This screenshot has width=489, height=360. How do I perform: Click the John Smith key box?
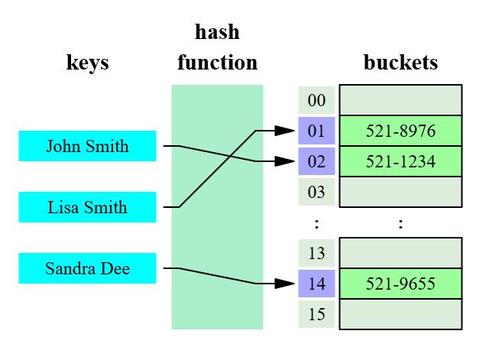[x=87, y=146]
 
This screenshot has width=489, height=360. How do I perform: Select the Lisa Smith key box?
[x=87, y=207]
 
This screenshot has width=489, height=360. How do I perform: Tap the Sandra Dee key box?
[x=87, y=268]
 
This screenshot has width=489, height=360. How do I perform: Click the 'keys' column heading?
[x=88, y=63]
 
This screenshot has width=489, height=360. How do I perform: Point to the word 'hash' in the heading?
[x=217, y=32]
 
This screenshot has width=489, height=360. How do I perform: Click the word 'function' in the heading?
[x=217, y=63]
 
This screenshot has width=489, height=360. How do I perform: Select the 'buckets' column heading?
[x=400, y=63]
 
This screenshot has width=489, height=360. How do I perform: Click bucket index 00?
[x=316, y=100]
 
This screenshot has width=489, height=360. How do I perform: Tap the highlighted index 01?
[x=316, y=131]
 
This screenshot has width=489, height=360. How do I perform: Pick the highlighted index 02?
[x=316, y=161]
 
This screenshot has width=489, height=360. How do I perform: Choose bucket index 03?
[x=316, y=192]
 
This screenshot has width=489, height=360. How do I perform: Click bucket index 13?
[x=316, y=253]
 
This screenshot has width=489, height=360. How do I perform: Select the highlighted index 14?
[x=316, y=284]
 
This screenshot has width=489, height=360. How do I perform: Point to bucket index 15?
[x=316, y=314]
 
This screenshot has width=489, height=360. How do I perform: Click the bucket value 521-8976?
[x=400, y=131]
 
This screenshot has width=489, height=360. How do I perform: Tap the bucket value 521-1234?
[x=400, y=161]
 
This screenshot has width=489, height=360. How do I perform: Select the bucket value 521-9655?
[x=400, y=284]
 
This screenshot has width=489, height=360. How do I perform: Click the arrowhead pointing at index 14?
[x=284, y=284]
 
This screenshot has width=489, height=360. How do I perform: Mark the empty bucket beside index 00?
[x=400, y=100]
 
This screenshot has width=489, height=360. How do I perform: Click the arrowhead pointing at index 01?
[x=284, y=131]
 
